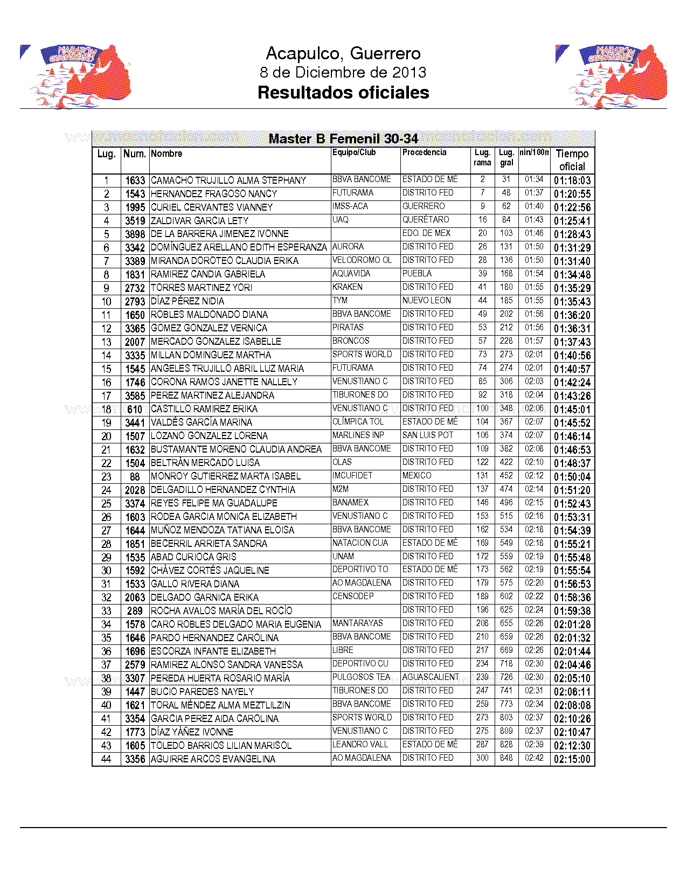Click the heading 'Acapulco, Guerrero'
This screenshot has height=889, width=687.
343,53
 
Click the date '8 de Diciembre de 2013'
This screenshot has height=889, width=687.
343,72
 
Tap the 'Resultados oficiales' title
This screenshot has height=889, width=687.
343,92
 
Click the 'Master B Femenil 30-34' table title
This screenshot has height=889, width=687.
343,138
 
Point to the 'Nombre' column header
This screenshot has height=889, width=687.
166,154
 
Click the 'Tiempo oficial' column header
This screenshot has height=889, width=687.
572,160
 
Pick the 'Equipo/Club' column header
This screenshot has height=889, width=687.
354,152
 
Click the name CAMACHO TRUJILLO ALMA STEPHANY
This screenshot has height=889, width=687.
228,180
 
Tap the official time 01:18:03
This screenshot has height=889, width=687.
572,180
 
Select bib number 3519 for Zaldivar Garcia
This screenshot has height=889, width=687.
135,221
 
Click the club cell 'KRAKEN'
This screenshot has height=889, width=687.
348,287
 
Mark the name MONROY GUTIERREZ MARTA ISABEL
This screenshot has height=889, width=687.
226,476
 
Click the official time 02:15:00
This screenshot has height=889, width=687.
572,759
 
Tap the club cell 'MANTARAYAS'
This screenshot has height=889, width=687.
358,623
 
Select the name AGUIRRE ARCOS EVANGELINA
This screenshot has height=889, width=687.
213,759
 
